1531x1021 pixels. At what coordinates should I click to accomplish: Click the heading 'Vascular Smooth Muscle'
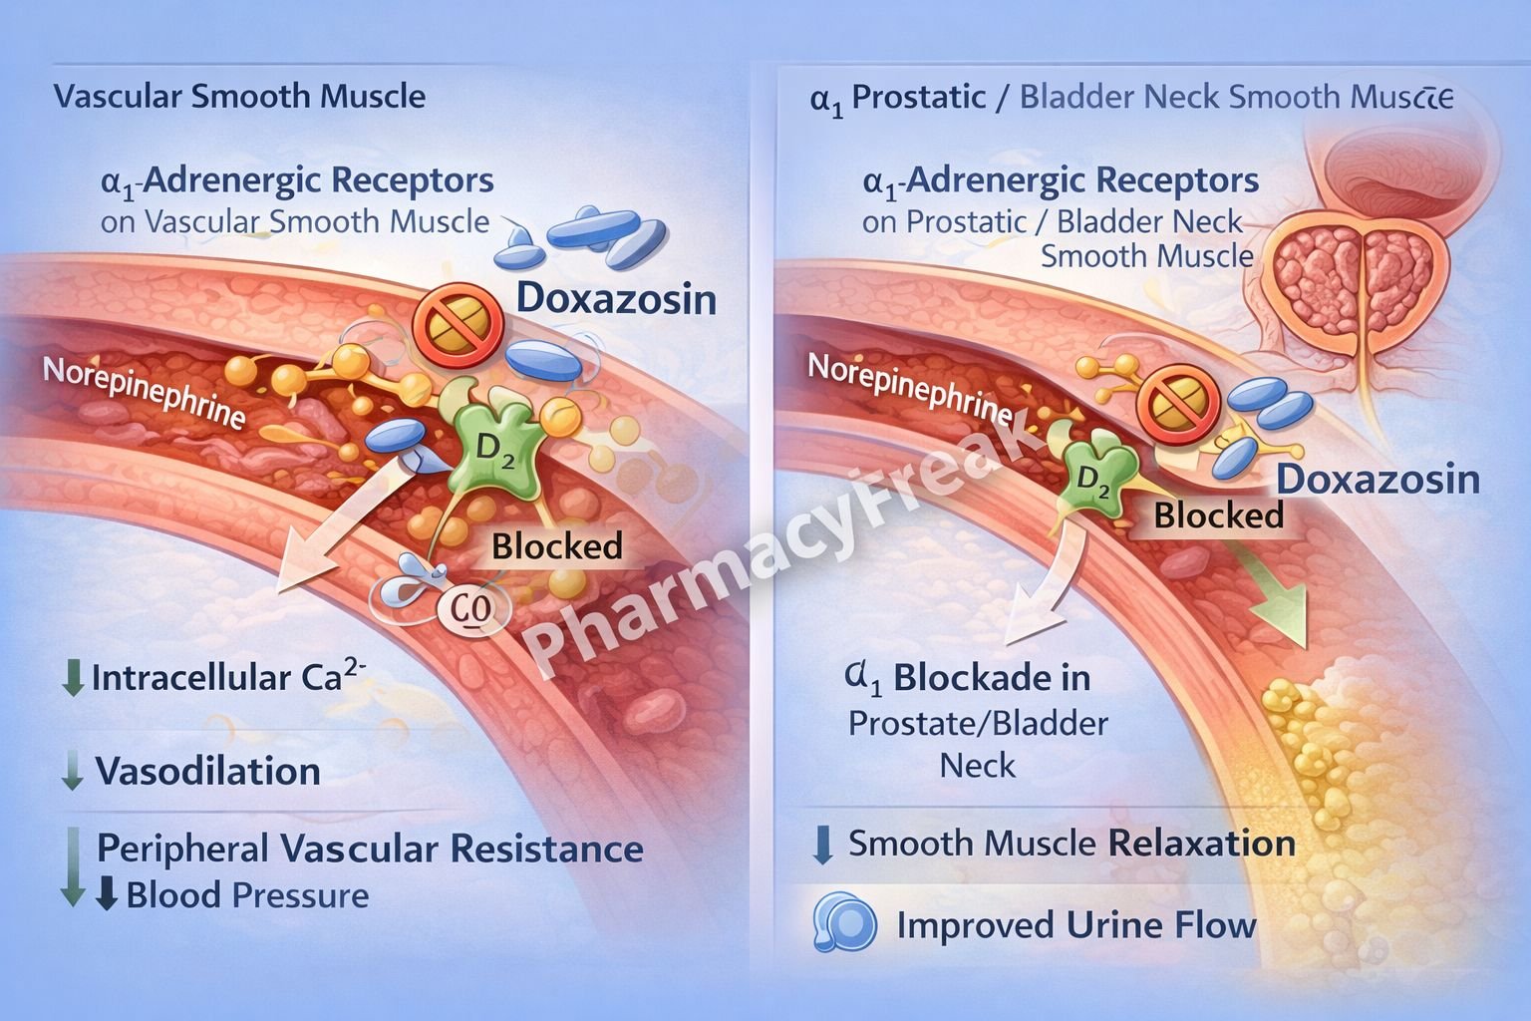239,97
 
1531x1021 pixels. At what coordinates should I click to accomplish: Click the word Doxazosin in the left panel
616,299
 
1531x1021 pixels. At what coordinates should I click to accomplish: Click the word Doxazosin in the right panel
1378,480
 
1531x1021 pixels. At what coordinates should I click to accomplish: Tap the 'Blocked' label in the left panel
556,546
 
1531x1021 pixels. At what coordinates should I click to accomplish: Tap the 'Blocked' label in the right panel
1218,515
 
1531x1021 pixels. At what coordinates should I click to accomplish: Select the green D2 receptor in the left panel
496,446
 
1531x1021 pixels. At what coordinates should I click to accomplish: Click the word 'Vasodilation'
207,772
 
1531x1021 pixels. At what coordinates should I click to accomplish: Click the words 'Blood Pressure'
247,895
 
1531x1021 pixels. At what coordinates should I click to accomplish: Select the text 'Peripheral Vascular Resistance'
370,849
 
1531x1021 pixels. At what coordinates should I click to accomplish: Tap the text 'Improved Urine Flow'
1076,925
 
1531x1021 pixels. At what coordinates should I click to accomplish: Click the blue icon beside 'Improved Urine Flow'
844,922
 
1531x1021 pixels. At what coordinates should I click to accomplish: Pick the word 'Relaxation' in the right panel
1201,844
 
